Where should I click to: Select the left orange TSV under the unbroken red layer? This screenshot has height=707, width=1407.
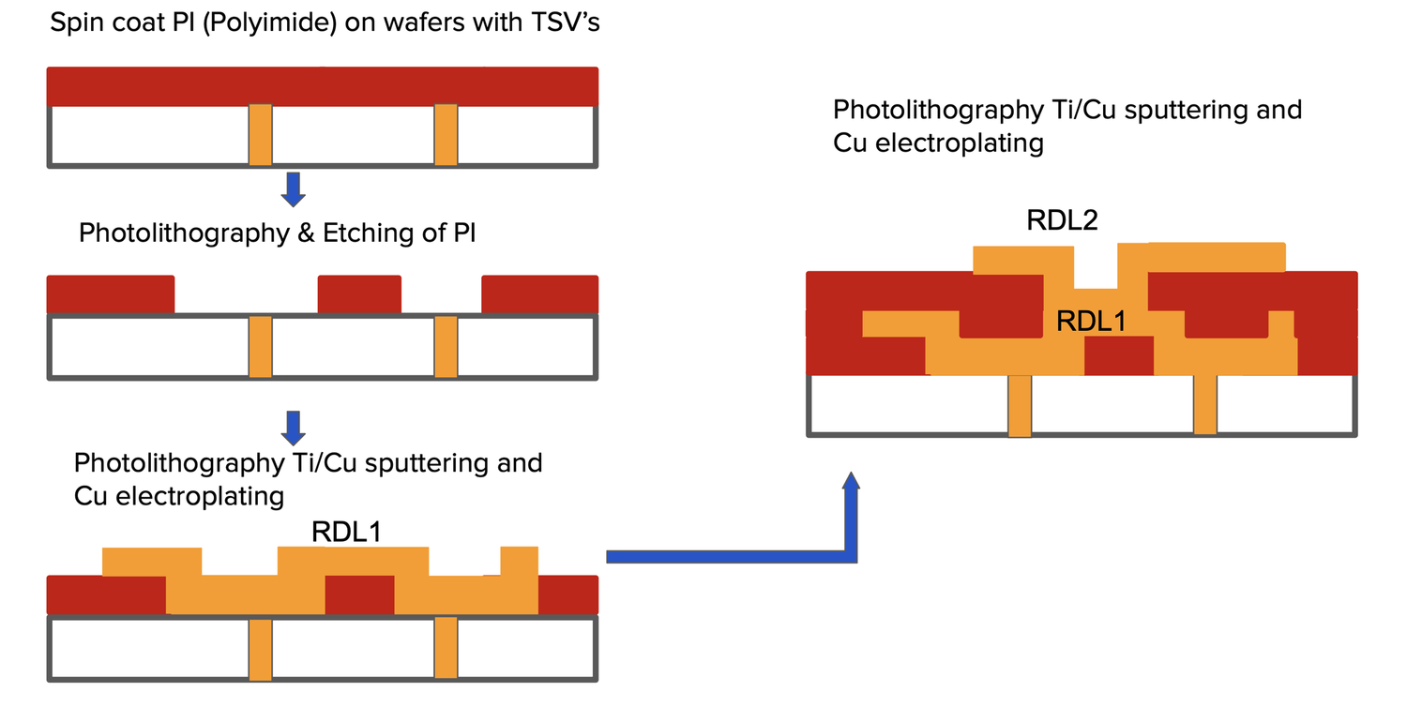(261, 135)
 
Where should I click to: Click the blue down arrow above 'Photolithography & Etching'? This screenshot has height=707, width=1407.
(294, 188)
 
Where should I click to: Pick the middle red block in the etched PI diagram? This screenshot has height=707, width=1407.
(359, 293)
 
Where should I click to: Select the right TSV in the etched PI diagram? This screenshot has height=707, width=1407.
(446, 346)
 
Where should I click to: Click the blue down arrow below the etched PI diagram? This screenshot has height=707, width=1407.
(294, 427)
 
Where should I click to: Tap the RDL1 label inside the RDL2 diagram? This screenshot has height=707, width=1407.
(1090, 322)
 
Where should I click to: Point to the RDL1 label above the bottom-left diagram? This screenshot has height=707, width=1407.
(346, 533)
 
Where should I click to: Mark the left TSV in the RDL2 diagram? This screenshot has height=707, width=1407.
(1020, 405)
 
